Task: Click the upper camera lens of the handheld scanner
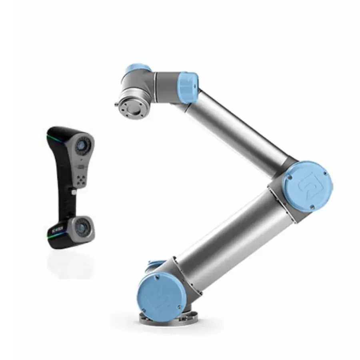tap(83, 144)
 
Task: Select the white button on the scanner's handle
tap(73, 192)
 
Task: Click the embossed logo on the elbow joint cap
tap(308, 184)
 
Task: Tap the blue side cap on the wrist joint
tap(188, 86)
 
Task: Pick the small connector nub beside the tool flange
tap(117, 105)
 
